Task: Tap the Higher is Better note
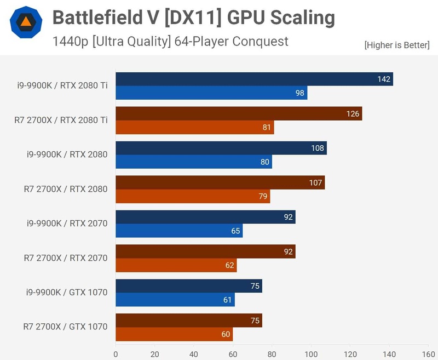click(396, 45)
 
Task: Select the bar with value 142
click(254, 79)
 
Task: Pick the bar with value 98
click(211, 93)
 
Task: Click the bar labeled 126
click(239, 113)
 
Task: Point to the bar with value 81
click(194, 127)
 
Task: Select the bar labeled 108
click(221, 148)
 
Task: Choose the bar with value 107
click(220, 182)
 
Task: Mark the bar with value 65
click(179, 231)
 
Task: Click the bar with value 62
click(176, 265)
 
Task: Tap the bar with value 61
click(175, 300)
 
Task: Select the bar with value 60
click(174, 334)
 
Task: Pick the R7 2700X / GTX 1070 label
click(65, 327)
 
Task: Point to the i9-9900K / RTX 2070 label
click(67, 224)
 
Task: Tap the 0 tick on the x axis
click(116, 354)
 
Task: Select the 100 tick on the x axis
click(311, 354)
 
